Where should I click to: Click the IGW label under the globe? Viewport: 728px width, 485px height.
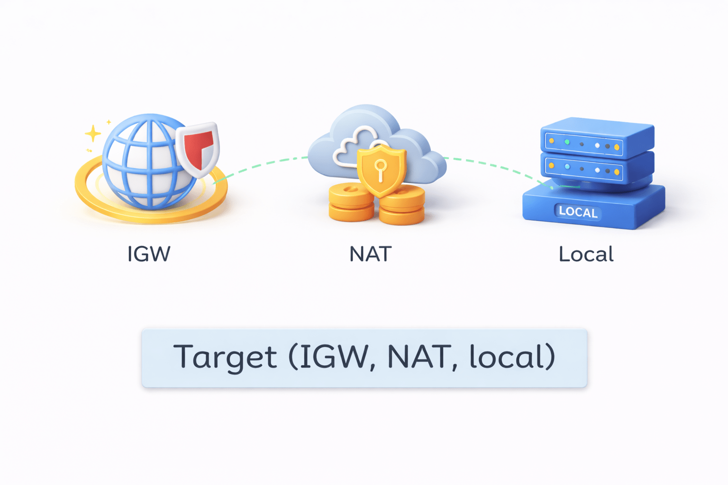point(148,254)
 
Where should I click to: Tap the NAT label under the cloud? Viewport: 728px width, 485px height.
point(370,254)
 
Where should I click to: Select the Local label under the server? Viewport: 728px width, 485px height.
point(586,254)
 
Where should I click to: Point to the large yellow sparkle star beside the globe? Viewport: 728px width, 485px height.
point(93,134)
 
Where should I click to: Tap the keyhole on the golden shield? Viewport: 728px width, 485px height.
point(380,168)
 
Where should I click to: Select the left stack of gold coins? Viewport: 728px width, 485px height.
point(351,204)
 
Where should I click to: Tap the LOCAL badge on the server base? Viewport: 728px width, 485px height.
point(578,212)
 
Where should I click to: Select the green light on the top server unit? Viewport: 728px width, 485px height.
point(567,142)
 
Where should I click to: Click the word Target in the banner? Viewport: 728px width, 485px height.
point(225,357)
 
